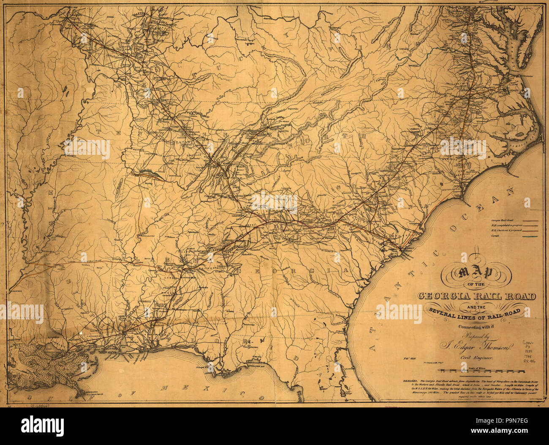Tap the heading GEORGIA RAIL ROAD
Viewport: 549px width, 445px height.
pos(477,296)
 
